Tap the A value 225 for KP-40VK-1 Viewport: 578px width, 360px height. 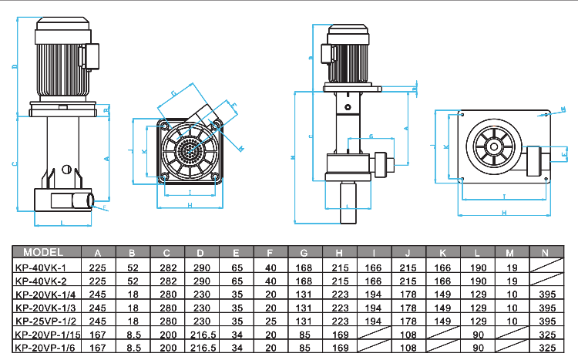[x=98, y=266]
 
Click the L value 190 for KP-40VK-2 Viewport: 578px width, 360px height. [x=477, y=280]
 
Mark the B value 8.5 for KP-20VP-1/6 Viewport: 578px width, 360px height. [x=132, y=348]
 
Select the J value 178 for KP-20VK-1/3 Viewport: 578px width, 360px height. [x=408, y=307]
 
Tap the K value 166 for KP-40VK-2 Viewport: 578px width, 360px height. [x=442, y=280]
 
